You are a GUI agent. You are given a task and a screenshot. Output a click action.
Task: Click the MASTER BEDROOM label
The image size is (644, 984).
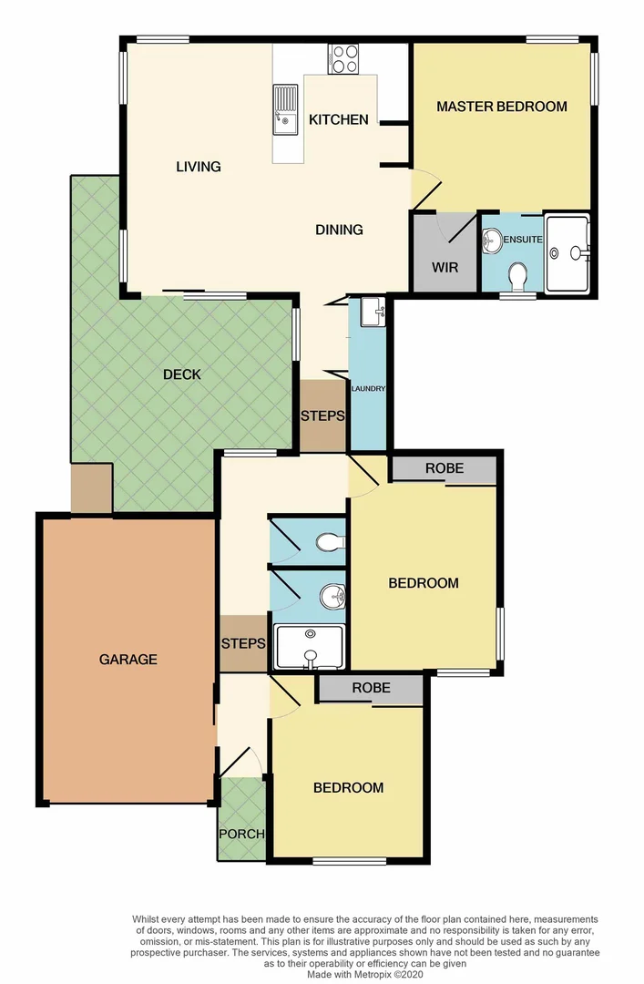click(501, 107)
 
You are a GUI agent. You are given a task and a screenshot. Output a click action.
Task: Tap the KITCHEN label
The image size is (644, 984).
click(338, 119)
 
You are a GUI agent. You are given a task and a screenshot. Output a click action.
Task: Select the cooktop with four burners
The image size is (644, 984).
click(344, 58)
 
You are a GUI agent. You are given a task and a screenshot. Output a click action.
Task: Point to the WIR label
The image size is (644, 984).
click(445, 268)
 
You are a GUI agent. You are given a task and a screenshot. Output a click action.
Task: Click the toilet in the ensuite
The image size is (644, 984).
click(518, 273)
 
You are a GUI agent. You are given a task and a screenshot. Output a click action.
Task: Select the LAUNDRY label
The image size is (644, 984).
click(368, 389)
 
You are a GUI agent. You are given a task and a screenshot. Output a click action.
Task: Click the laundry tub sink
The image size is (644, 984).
click(372, 313)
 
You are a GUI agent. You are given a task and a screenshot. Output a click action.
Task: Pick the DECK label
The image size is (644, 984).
click(182, 374)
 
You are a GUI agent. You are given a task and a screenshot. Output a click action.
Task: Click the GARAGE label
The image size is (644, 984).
click(128, 660)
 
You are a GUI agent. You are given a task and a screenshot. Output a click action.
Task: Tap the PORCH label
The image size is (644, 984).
click(241, 834)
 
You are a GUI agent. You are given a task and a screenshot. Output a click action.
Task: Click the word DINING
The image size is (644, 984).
click(339, 230)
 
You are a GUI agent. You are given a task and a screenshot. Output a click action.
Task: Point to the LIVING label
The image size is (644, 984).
click(199, 167)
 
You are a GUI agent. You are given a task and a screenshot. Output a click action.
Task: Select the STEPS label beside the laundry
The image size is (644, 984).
click(323, 416)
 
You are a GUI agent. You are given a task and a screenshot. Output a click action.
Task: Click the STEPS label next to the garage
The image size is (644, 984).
click(243, 643)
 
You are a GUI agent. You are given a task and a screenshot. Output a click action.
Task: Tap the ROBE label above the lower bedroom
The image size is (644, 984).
click(371, 688)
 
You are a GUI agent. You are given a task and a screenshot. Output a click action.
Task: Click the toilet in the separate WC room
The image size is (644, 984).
click(328, 543)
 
